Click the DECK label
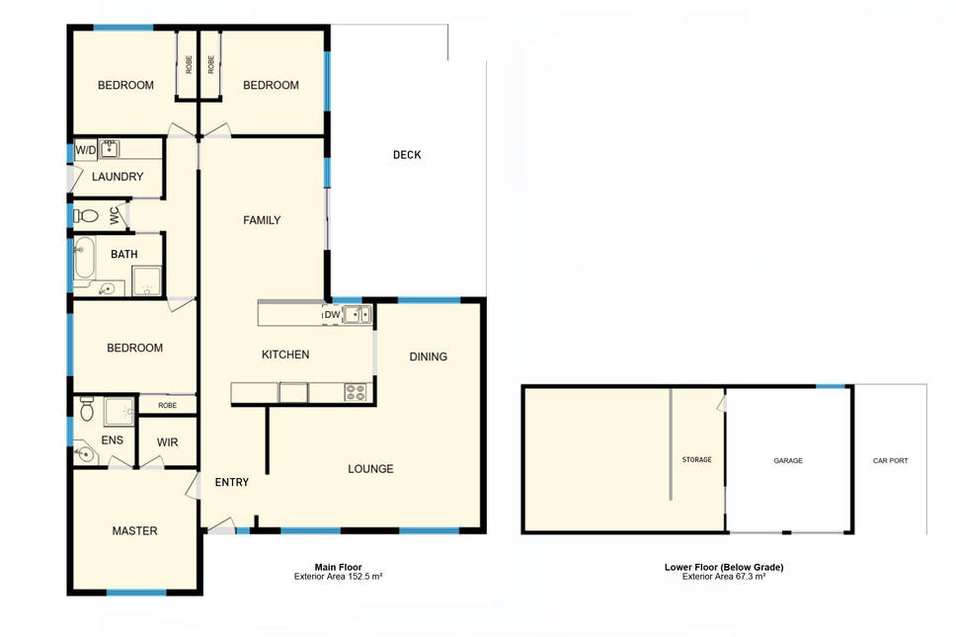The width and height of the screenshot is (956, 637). coord(407,155)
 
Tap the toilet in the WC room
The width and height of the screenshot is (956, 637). coord(86,215)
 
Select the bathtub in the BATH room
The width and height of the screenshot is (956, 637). coord(84,258)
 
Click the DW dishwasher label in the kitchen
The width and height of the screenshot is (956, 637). coord(332,314)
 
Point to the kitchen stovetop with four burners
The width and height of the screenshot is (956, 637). coord(356,392)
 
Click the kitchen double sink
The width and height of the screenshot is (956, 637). coord(357,314)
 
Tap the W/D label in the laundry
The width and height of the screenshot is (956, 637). coord(85,150)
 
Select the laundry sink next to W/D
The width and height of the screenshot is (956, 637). coord(110,149)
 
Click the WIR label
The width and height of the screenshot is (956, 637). coord(167,442)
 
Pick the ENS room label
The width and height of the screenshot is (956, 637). coord(113,440)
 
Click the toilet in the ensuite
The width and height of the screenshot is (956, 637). coord(87,408)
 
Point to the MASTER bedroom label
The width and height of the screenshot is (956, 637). coord(134,531)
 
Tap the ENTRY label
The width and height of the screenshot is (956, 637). coord(232,482)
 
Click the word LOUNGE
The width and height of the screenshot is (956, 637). coord(370,469)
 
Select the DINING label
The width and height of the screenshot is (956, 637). coord(428,357)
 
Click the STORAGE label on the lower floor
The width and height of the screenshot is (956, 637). coord(697,459)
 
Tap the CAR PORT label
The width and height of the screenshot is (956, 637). coord(890,461)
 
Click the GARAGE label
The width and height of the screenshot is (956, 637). coord(788,461)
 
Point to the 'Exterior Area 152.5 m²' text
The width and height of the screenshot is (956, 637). coord(339,577)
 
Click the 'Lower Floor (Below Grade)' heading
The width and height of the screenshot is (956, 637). coord(724,567)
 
